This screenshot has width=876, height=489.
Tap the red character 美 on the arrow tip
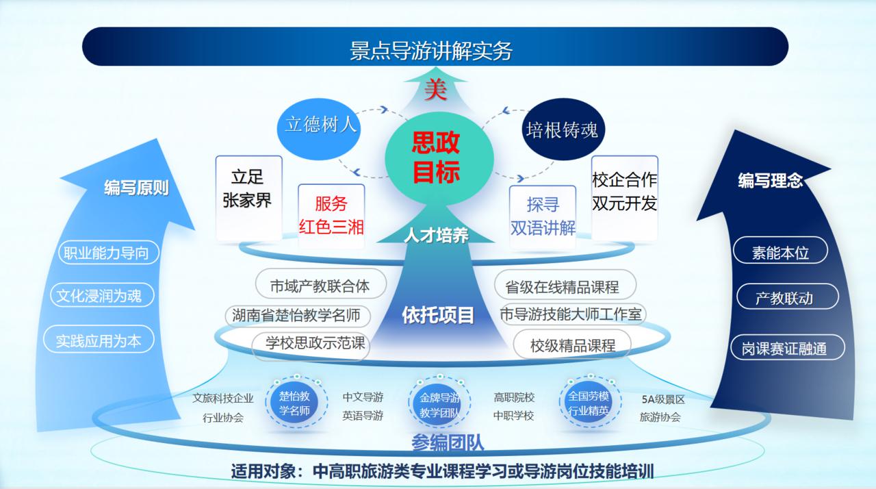435,90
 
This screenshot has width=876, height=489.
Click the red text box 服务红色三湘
331,214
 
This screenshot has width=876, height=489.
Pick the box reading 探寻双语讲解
543,215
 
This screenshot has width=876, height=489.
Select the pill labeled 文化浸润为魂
99,296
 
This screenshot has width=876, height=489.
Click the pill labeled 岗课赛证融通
784,348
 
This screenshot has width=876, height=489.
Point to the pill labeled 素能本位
780,252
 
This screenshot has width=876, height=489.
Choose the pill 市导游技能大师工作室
571,314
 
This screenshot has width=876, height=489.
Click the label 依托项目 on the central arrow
438,315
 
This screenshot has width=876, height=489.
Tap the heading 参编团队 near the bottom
448,444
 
